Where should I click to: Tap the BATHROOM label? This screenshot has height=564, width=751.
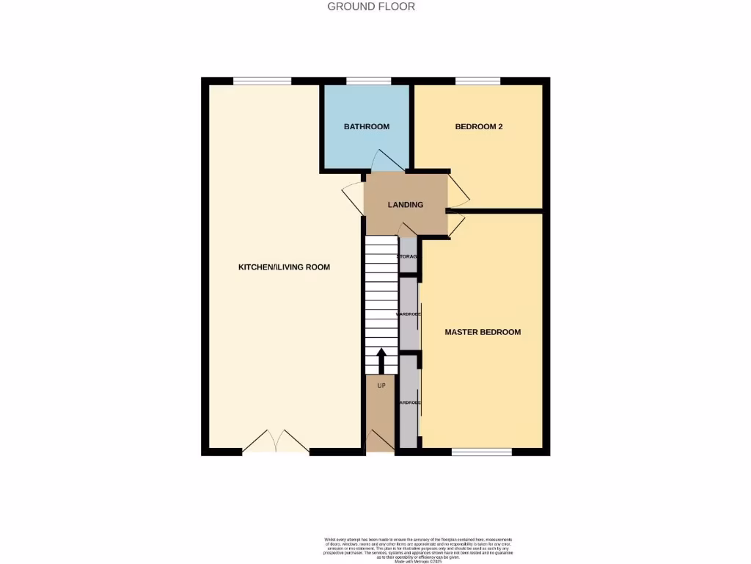(x=367, y=126)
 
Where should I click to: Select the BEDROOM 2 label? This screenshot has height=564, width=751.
(x=479, y=126)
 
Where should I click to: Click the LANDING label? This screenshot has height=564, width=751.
(x=406, y=204)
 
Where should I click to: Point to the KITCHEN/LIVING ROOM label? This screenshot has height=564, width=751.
(x=284, y=267)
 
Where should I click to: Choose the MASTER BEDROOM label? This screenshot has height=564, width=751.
(x=483, y=332)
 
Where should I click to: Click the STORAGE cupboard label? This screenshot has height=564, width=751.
(x=408, y=256)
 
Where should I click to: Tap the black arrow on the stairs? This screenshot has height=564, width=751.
(x=381, y=361)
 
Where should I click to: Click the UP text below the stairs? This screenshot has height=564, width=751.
(x=381, y=385)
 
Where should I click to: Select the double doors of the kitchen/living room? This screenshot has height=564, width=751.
(x=275, y=442)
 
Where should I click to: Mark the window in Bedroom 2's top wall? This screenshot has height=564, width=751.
(x=477, y=81)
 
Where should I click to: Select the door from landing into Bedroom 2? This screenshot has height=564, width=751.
(x=458, y=189)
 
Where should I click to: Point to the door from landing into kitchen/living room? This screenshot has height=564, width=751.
(x=354, y=197)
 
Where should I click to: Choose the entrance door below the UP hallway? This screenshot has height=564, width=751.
(x=381, y=441)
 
